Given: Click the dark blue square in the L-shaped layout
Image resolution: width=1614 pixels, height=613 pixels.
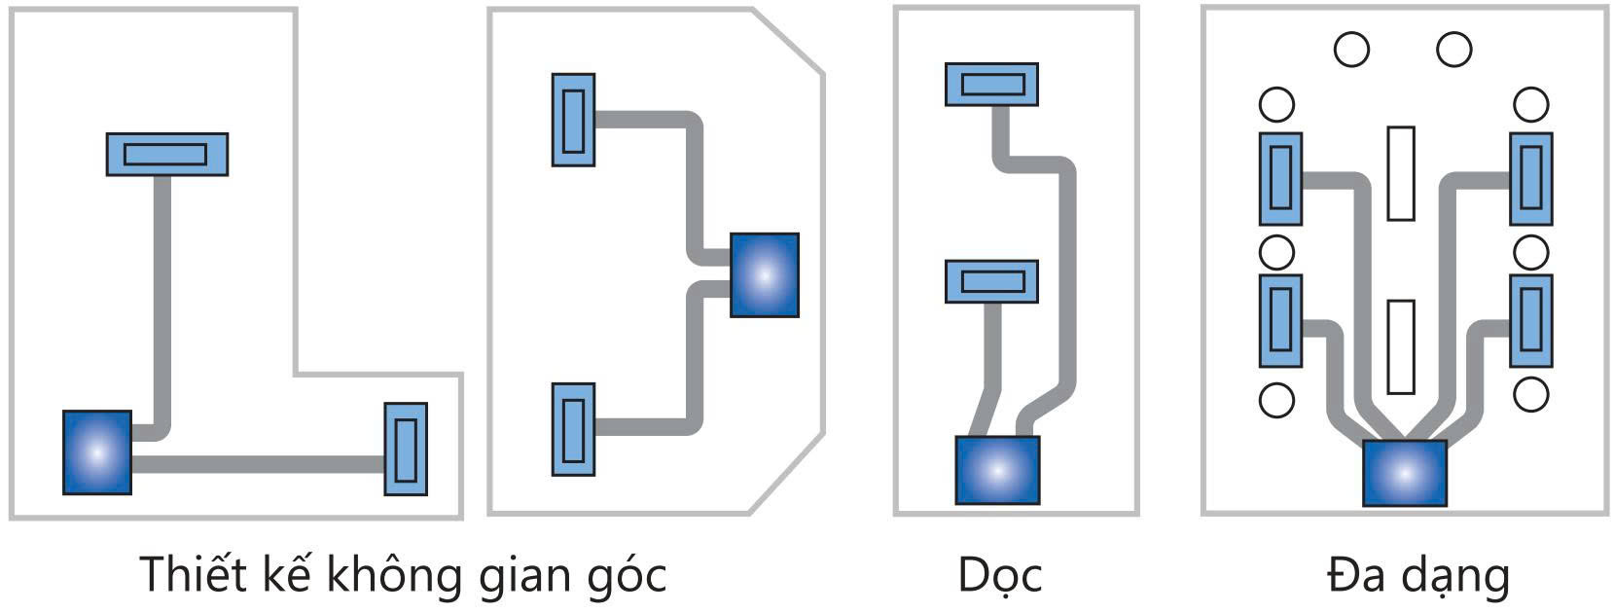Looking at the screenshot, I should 97,452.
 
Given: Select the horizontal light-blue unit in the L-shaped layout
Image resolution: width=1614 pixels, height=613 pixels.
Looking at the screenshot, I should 166,154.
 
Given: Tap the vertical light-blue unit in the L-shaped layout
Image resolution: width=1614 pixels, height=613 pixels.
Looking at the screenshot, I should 406,449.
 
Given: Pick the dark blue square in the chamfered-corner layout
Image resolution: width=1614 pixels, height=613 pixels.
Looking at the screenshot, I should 765,275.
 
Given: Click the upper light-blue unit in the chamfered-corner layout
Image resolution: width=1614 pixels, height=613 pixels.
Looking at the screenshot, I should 573,120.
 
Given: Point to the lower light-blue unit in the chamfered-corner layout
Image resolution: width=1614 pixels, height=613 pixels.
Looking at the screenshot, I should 573,429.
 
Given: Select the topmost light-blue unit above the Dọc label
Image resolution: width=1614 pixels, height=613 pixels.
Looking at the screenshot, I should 991,85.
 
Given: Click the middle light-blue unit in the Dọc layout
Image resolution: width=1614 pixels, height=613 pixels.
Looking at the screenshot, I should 991,281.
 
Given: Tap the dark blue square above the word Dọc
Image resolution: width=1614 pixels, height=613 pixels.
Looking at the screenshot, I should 997,470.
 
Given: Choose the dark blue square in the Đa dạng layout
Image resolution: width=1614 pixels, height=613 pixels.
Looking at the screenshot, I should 1404,473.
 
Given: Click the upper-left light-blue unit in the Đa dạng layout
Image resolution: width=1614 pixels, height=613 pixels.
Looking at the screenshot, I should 1280,179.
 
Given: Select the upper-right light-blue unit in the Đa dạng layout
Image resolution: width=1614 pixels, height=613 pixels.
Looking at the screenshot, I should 1530,179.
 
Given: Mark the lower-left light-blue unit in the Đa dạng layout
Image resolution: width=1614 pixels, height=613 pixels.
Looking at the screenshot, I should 1280,321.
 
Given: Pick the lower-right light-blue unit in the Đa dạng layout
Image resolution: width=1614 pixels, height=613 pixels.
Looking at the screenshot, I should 1530,321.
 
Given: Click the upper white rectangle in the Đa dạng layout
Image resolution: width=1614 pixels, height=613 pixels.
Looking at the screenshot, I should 1400,173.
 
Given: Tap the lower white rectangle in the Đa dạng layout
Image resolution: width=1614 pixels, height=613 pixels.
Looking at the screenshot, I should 1400,346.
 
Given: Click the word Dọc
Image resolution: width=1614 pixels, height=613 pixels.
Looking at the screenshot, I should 999,575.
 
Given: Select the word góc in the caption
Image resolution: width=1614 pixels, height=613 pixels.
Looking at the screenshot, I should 623,575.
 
